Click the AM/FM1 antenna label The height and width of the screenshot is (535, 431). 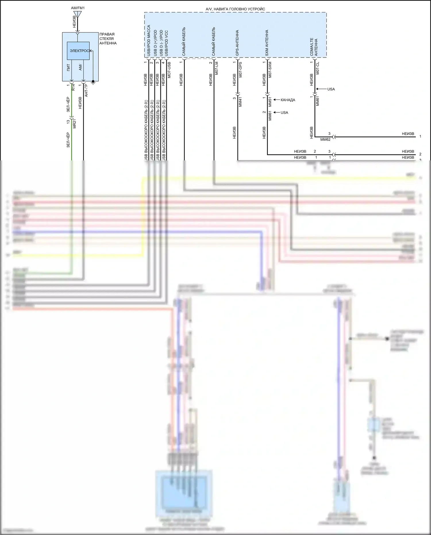click(x=78, y=8)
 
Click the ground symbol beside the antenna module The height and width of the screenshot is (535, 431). click(x=93, y=83)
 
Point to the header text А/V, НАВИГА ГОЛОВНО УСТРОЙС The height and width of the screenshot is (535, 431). click(x=235, y=9)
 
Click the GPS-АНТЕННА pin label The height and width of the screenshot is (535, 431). click(x=237, y=43)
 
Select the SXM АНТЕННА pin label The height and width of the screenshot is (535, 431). click(x=267, y=43)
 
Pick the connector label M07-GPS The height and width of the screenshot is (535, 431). click(x=240, y=70)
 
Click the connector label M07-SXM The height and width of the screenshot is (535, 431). click(x=270, y=70)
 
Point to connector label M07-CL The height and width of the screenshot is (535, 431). click(x=318, y=68)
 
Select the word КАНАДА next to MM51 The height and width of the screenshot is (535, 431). click(x=288, y=100)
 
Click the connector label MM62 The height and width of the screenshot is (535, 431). click(x=325, y=139)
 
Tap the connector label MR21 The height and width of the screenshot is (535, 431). click(x=74, y=123)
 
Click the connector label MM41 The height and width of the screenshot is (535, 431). click(x=240, y=102)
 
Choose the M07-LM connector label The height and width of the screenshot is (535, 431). click(x=217, y=68)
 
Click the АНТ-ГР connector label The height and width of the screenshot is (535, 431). click(x=86, y=90)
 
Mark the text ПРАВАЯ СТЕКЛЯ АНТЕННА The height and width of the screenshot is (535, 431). click(x=108, y=39)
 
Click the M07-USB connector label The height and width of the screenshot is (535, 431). click(x=169, y=70)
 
